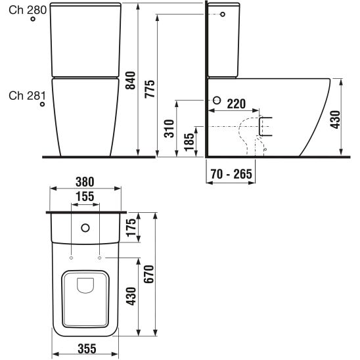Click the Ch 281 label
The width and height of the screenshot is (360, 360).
pyautogui.click(x=26, y=96)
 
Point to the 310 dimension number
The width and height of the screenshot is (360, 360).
pyautogui.click(x=169, y=128)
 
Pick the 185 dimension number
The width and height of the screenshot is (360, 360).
pyautogui.click(x=189, y=142)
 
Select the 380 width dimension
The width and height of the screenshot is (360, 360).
pyautogui.click(x=86, y=181)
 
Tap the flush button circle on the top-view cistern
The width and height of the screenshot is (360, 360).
pyautogui.click(x=85, y=229)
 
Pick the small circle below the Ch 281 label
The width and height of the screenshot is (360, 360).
pyautogui.click(x=42, y=105)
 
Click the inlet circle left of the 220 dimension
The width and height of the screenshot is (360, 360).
pyautogui.click(x=217, y=101)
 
